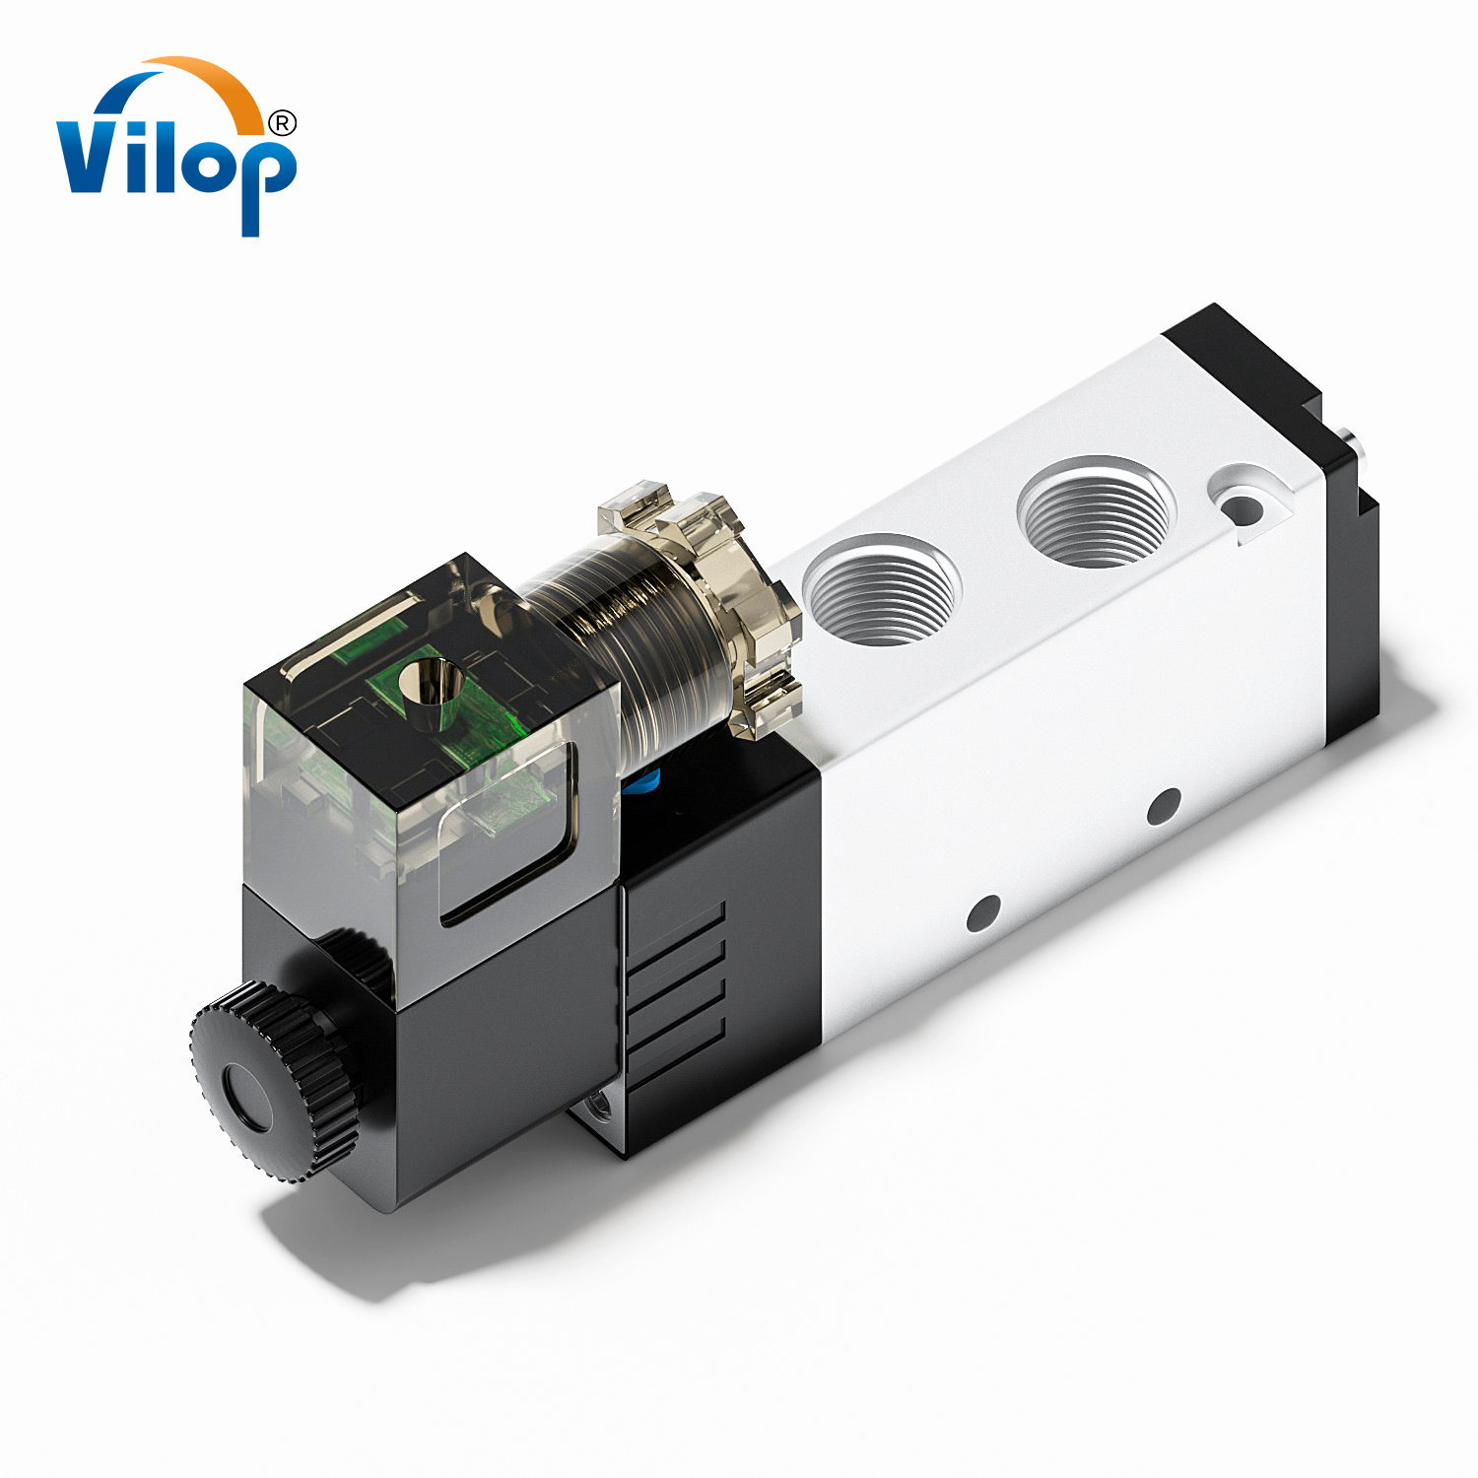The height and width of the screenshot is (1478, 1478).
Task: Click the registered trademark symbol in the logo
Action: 282,123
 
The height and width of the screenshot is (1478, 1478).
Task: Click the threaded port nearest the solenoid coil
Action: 880,590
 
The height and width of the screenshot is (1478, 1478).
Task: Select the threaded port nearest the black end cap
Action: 1096,512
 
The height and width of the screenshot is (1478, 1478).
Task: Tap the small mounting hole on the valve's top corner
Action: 1242,509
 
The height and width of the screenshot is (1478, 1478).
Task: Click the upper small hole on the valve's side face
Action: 1164,806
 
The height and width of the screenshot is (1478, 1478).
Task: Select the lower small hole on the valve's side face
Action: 982,913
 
